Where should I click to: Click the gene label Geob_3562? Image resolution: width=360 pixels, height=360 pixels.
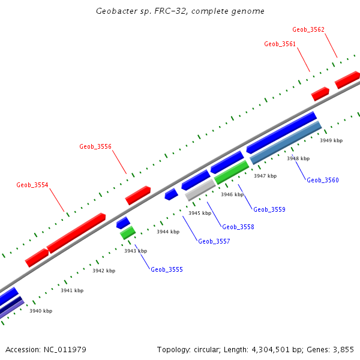click(x=308, y=29)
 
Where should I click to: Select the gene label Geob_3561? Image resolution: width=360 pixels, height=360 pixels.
click(x=280, y=44)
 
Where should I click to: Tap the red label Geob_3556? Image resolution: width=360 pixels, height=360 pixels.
click(x=95, y=146)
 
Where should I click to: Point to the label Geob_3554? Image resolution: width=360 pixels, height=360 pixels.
click(x=32, y=185)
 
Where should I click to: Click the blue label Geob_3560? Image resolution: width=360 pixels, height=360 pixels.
click(x=323, y=180)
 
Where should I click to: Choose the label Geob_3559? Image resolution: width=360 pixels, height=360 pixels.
click(x=269, y=209)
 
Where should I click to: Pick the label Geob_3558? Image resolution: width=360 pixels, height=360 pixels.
click(x=238, y=227)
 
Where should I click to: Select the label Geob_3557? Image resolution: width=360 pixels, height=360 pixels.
click(x=214, y=241)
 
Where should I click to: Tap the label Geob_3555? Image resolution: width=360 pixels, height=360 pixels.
click(x=167, y=269)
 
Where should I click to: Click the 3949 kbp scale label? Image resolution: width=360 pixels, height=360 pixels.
click(x=331, y=140)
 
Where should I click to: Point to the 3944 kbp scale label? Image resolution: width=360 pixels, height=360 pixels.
click(x=168, y=232)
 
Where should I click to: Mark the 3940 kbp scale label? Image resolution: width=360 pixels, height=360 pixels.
click(x=41, y=311)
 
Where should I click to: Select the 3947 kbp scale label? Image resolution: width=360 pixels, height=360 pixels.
click(x=265, y=176)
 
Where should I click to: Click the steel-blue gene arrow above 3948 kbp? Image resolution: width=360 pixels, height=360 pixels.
click(x=286, y=143)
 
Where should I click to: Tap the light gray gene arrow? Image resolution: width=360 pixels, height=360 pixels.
click(x=200, y=191)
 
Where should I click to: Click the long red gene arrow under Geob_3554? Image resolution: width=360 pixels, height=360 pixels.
click(x=76, y=232)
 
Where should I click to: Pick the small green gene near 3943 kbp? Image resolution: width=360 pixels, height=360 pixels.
click(x=128, y=233)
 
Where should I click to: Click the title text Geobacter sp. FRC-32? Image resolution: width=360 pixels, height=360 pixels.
click(x=180, y=11)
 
